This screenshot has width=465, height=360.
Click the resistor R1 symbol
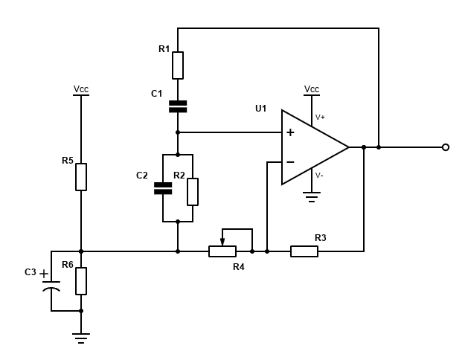(178, 65)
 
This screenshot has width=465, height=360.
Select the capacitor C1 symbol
(178, 106)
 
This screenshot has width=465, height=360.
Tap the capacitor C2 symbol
(162, 187)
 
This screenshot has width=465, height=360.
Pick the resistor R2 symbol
(193, 191)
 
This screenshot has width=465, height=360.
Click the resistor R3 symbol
(304, 251)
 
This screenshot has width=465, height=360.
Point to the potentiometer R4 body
(222, 251)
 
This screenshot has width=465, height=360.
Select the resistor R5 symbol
(81, 177)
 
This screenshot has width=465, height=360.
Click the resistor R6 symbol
(81, 281)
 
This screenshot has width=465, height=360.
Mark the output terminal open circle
(446, 147)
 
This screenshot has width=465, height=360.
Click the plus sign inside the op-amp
(290, 132)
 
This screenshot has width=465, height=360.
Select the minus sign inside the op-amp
(290, 162)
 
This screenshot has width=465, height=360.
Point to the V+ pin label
(320, 117)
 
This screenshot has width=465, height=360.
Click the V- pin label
(320, 176)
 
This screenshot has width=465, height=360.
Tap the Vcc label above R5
(81, 89)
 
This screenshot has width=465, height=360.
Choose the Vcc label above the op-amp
(312, 89)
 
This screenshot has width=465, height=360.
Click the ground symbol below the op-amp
(312, 197)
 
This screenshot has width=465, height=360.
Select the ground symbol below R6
(81, 338)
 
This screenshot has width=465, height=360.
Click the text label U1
(260, 109)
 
